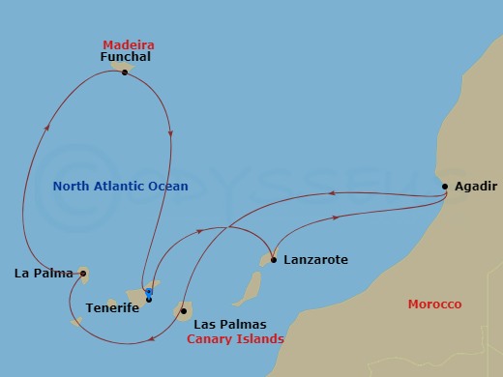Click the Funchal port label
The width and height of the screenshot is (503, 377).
[126, 57]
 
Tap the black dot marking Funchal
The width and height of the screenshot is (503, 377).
[125, 72]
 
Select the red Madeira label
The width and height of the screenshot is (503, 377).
[129, 44]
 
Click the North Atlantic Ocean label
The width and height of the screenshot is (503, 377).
[120, 186]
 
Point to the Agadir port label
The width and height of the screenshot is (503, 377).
[474, 188]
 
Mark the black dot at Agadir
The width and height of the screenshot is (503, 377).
[445, 187]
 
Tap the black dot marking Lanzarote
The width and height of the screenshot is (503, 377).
[274, 260]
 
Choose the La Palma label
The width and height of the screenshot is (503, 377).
[44, 274]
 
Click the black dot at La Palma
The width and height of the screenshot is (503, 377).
[83, 274]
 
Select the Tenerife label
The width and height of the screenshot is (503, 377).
[111, 307]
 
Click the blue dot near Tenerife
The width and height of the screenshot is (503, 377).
[149, 291]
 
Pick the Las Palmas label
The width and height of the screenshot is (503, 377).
[230, 325]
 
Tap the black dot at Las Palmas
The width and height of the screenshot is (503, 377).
[183, 311]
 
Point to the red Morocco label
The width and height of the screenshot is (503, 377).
[434, 304]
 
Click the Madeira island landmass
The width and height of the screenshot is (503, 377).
[120, 66]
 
